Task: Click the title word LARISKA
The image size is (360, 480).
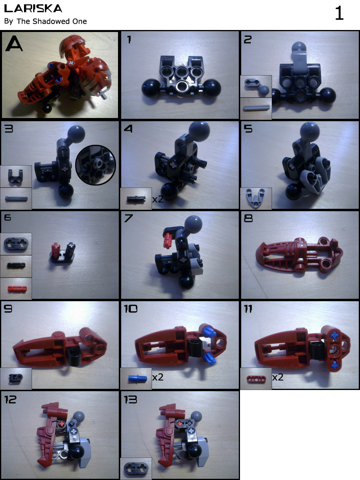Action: tap(33, 8)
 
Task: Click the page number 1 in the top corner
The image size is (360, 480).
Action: tap(340, 13)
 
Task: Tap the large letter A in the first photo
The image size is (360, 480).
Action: tap(14, 43)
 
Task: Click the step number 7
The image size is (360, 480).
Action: tap(128, 218)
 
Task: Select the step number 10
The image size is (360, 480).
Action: tap(130, 308)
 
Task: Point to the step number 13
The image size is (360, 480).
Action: tap(130, 400)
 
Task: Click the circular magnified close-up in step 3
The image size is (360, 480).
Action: tap(96, 165)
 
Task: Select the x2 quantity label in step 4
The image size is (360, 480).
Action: tap(158, 199)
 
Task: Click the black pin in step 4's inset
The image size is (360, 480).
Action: tap(136, 199)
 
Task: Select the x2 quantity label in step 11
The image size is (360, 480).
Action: tap(278, 377)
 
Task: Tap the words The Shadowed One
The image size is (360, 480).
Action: tap(52, 21)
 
